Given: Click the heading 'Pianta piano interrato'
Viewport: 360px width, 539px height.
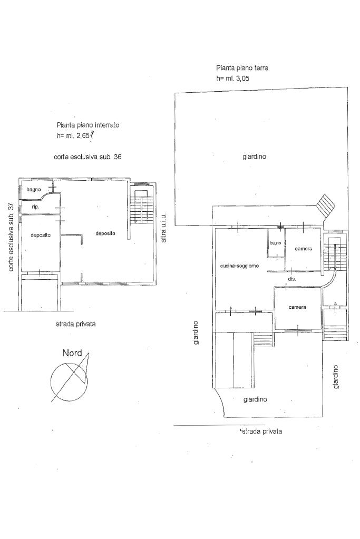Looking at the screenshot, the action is tap(88, 125).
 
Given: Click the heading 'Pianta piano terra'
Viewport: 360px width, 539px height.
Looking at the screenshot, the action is tap(242, 68).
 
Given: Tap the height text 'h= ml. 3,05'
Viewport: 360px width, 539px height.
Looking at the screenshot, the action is tap(233, 79).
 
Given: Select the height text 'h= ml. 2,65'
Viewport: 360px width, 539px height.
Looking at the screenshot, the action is tap(73, 135).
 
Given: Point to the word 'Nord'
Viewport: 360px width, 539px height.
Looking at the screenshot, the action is tap(72, 353).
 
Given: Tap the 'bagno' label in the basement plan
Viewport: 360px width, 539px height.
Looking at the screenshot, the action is tap(34, 190).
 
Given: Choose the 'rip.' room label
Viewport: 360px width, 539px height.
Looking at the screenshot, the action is tap(36, 207).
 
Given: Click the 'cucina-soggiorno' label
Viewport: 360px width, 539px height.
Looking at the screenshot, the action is tap(239, 266).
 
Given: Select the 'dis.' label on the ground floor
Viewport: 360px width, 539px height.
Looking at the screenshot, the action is tap(292, 279).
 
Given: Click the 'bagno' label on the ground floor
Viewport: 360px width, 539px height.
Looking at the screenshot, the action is tap(276, 243).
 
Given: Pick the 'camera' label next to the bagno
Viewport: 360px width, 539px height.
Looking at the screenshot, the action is tap(304, 249).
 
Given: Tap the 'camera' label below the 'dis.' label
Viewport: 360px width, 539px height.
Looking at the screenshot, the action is tap(297, 307).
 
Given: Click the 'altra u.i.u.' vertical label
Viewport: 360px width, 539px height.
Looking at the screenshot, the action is tap(163, 228).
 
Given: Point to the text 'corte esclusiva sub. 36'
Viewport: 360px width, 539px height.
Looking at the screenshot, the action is tap(87, 157).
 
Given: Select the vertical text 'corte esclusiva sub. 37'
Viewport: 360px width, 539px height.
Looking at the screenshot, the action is tap(11, 237).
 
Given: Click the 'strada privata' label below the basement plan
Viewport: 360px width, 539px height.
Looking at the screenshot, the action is tap(76, 324).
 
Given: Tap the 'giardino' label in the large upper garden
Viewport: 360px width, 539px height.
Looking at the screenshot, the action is tap(255, 157).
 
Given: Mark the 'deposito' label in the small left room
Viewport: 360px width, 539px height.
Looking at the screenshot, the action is tap(41, 235).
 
